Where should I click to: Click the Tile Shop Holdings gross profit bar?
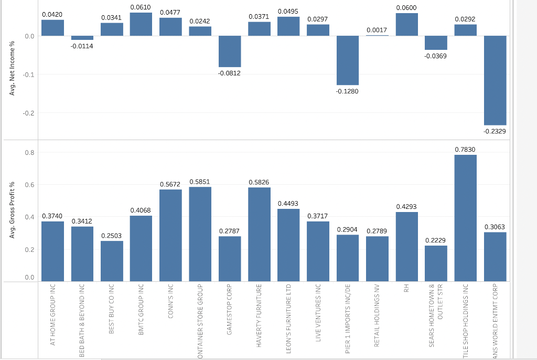pos(465,218)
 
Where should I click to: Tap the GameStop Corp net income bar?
pos(230,51)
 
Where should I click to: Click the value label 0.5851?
pos(199,182)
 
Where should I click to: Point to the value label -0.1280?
pos(348,91)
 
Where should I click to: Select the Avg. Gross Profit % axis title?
pos(12,210)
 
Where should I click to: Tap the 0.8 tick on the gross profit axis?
pos(29,153)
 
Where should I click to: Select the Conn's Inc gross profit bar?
pos(170,235)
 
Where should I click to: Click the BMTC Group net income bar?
pos(141,24)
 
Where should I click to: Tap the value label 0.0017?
pos(377,30)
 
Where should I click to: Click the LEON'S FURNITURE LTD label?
pos(288,321)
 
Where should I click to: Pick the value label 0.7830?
pos(465,150)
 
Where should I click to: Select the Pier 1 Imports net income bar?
pos(348,60)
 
